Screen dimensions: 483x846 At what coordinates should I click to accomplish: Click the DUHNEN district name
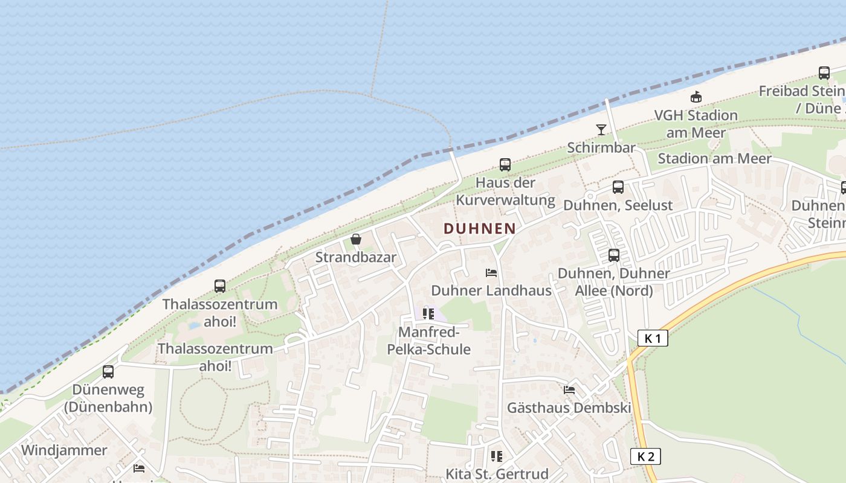coord(480,229)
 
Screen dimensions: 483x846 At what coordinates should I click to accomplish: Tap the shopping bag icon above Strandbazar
coord(356,240)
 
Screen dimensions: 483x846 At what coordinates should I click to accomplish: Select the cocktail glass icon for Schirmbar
coord(601,129)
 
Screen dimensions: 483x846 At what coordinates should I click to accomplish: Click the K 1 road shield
coord(653,338)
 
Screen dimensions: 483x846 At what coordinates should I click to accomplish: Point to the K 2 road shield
coord(645,456)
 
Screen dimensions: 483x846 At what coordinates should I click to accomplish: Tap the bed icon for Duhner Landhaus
coord(491,273)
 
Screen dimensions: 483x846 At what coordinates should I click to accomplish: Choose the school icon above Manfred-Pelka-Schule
coord(428,314)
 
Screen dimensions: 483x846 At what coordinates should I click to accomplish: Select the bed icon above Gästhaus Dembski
coord(569,390)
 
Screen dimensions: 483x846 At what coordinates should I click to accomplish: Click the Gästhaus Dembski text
coord(569,408)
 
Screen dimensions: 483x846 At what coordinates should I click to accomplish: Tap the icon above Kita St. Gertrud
coord(497,456)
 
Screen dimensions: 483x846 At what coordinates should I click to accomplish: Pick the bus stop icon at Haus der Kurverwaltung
coord(505,165)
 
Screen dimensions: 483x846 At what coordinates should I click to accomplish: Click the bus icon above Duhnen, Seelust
coord(618,187)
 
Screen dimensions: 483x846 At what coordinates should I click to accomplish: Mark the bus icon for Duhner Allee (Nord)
coord(614,255)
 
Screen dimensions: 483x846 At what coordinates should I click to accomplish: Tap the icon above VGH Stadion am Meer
coord(696,97)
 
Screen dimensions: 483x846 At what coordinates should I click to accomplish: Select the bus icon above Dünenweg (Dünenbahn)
coord(108,372)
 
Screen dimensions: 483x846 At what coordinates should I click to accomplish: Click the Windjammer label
coord(64,450)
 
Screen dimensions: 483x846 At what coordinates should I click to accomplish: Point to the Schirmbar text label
coord(601,148)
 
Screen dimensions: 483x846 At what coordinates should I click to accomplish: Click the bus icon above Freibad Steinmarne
coord(824,73)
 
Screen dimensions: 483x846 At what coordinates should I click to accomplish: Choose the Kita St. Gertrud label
coord(497,473)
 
